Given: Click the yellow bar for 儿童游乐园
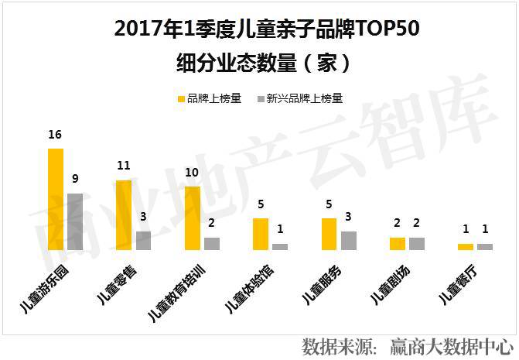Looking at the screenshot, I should point(56,199).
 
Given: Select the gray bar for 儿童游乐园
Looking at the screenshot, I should point(75,221).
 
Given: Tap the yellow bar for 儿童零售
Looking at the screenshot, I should point(124,214).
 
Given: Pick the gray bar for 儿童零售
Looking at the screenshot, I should point(143,240).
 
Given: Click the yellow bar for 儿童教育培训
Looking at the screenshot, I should point(193,218).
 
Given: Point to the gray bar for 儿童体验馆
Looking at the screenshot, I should point(280,246).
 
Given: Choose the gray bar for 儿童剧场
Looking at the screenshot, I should point(417,243).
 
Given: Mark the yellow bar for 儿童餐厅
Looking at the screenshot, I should point(466,246).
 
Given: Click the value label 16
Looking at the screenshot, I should point(55,135).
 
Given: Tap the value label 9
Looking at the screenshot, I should point(75,179).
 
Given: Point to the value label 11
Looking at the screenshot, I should point(124,166).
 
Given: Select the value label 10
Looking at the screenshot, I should point(193,172).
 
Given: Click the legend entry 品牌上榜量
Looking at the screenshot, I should point(210,99).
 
